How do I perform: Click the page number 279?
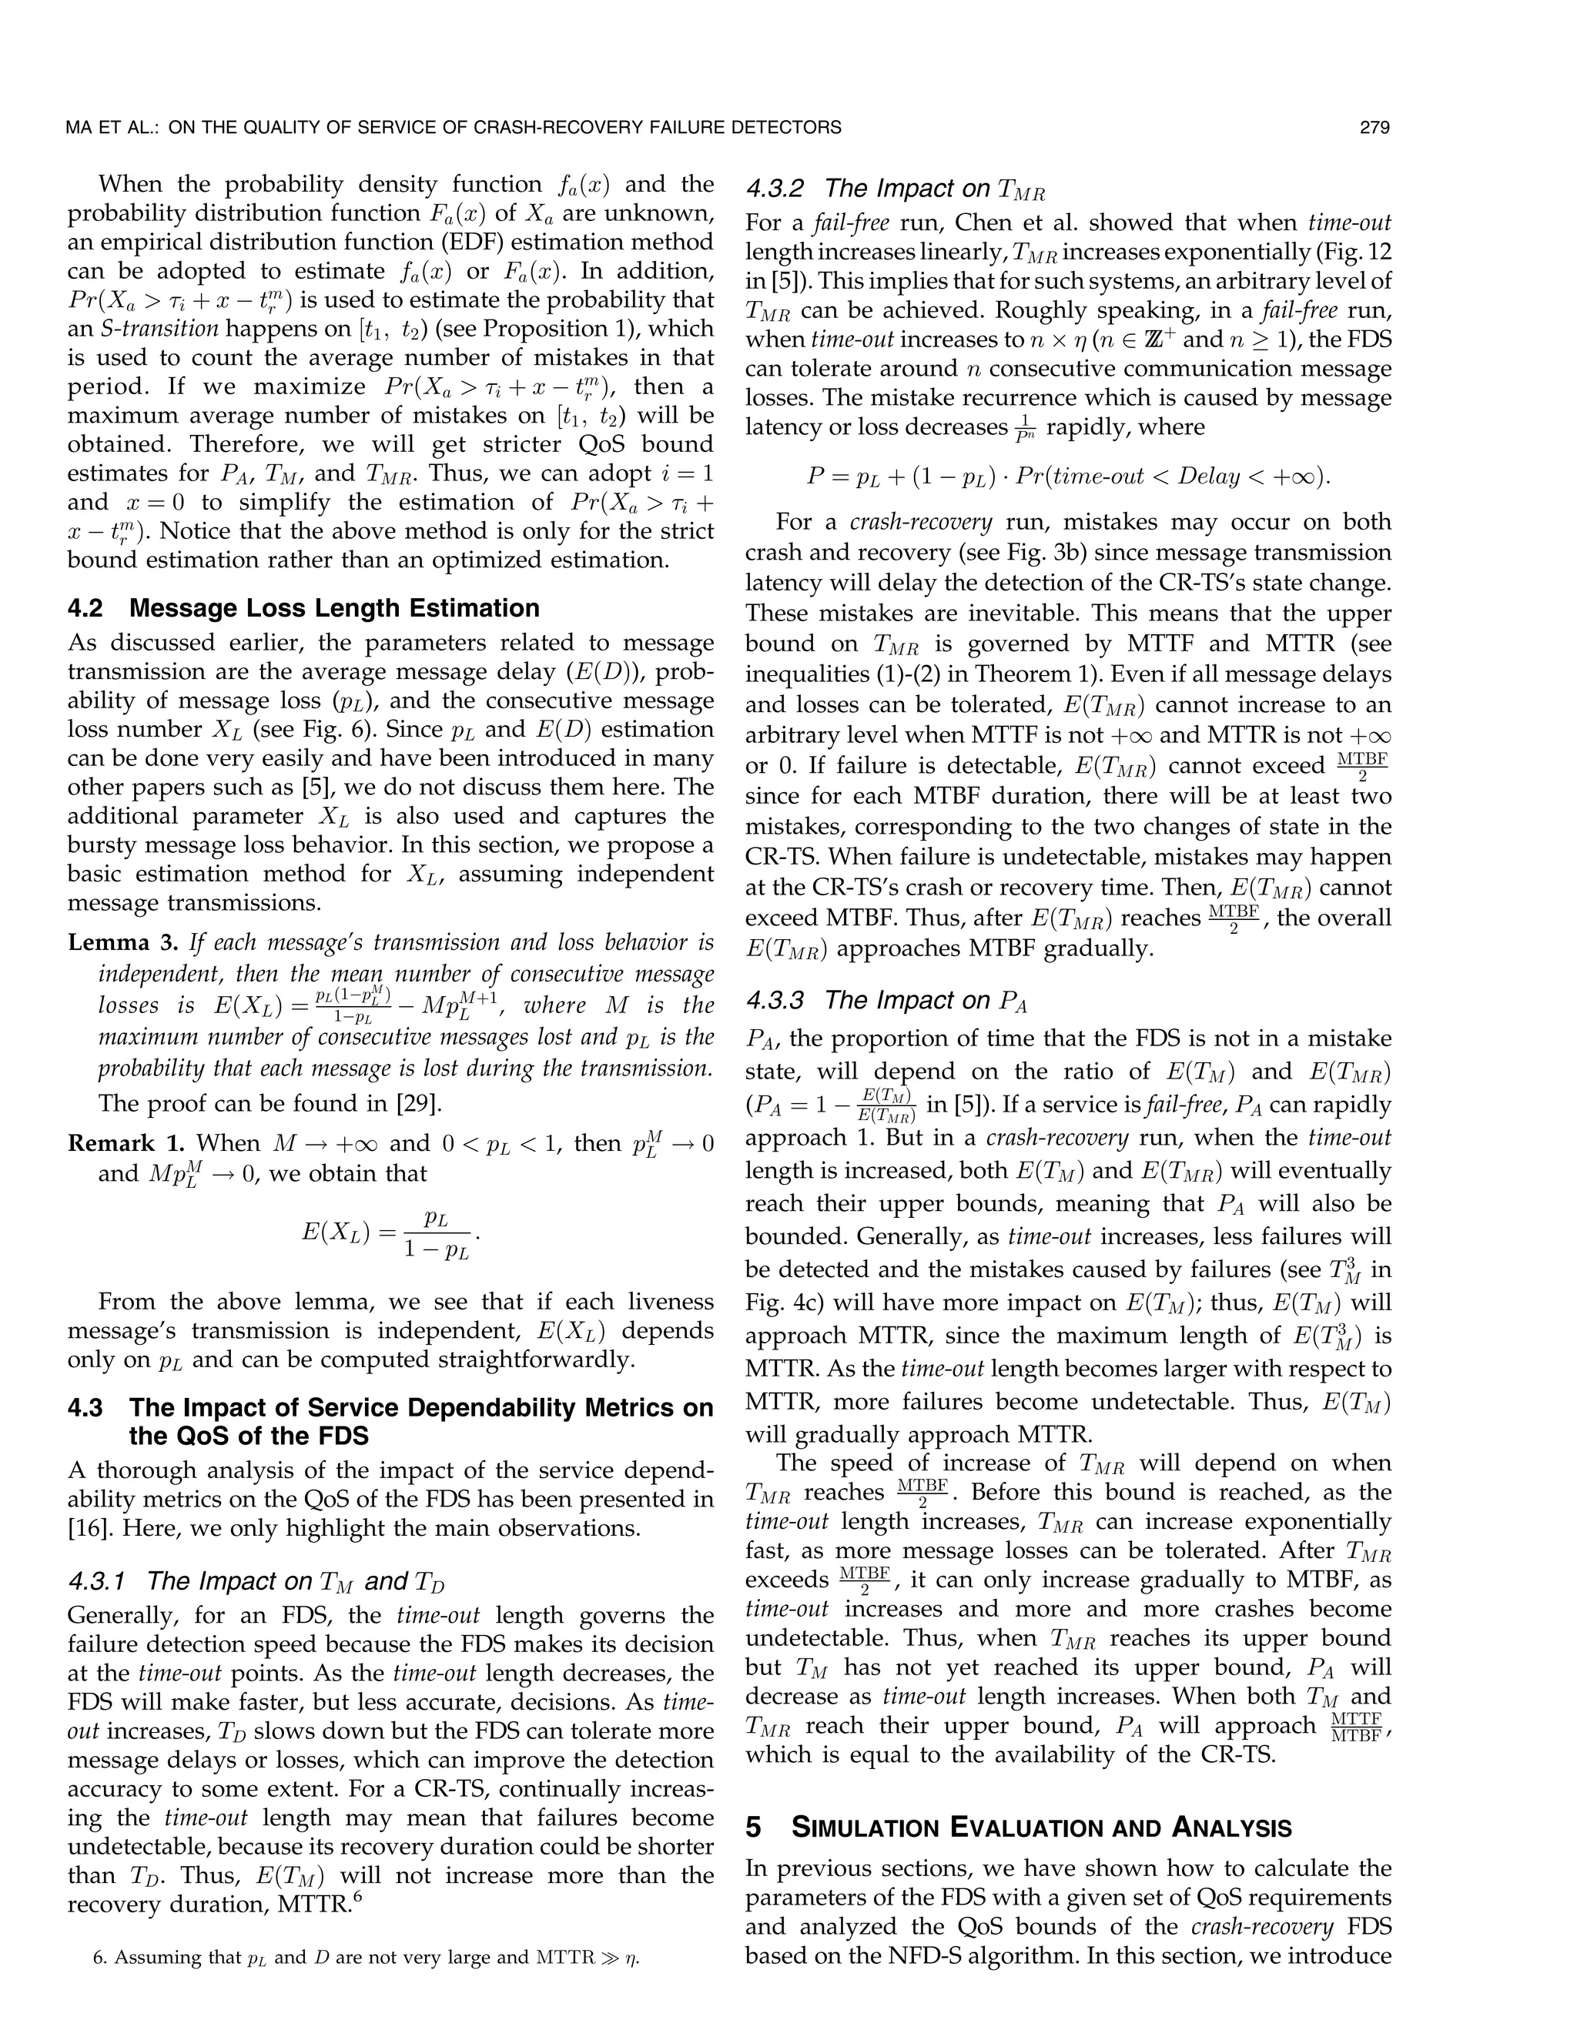pyautogui.click(x=1374, y=128)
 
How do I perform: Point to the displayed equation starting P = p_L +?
pyautogui.click(x=1068, y=477)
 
